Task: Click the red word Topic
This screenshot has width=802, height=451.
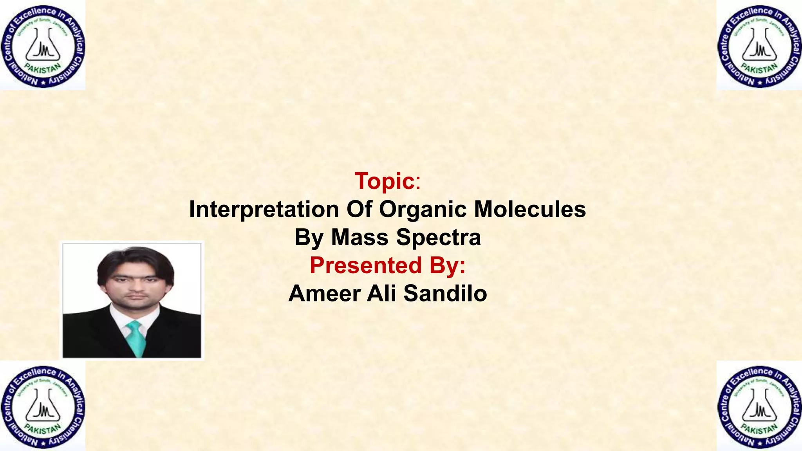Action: [385, 181]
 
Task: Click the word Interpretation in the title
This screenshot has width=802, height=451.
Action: [264, 209]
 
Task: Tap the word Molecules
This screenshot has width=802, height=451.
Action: [530, 209]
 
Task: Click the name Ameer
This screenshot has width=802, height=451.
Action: [324, 294]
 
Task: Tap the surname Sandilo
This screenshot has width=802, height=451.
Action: [445, 294]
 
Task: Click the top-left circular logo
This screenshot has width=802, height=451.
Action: [43, 45]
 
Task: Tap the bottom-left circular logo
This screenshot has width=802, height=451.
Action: [43, 406]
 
